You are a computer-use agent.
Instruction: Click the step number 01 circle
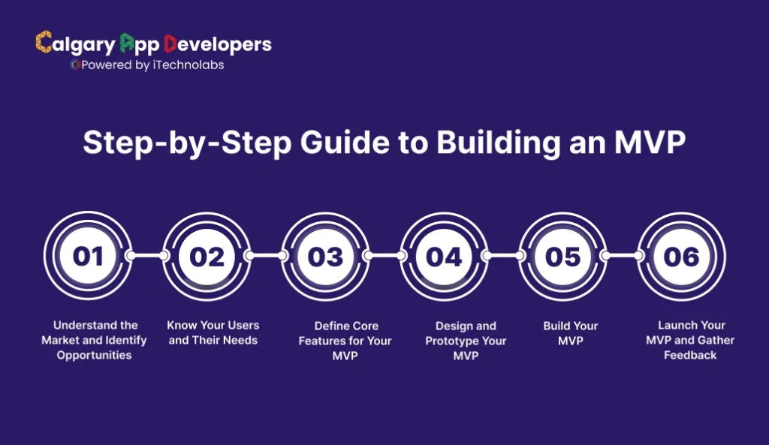(x=89, y=256)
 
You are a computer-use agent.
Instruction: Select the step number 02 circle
(x=207, y=256)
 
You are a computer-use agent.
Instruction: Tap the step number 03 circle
(x=326, y=256)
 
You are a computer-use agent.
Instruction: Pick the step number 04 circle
(x=445, y=256)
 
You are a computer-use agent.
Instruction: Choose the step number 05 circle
(x=563, y=256)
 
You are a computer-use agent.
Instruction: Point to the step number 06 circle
(x=682, y=256)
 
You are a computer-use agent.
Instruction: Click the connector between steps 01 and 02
(x=148, y=256)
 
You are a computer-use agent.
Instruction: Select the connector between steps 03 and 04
(x=385, y=256)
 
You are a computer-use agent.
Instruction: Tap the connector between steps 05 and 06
(x=623, y=256)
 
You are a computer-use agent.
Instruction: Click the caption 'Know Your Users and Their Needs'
(x=213, y=332)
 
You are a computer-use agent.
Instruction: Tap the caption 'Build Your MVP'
(x=570, y=332)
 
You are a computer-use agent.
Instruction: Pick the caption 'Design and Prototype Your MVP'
(x=466, y=341)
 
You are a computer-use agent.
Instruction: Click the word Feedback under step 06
(x=690, y=355)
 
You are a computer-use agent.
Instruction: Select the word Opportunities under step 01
(x=95, y=355)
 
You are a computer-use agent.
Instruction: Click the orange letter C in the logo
(x=44, y=44)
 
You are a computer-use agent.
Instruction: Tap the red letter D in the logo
(x=170, y=44)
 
